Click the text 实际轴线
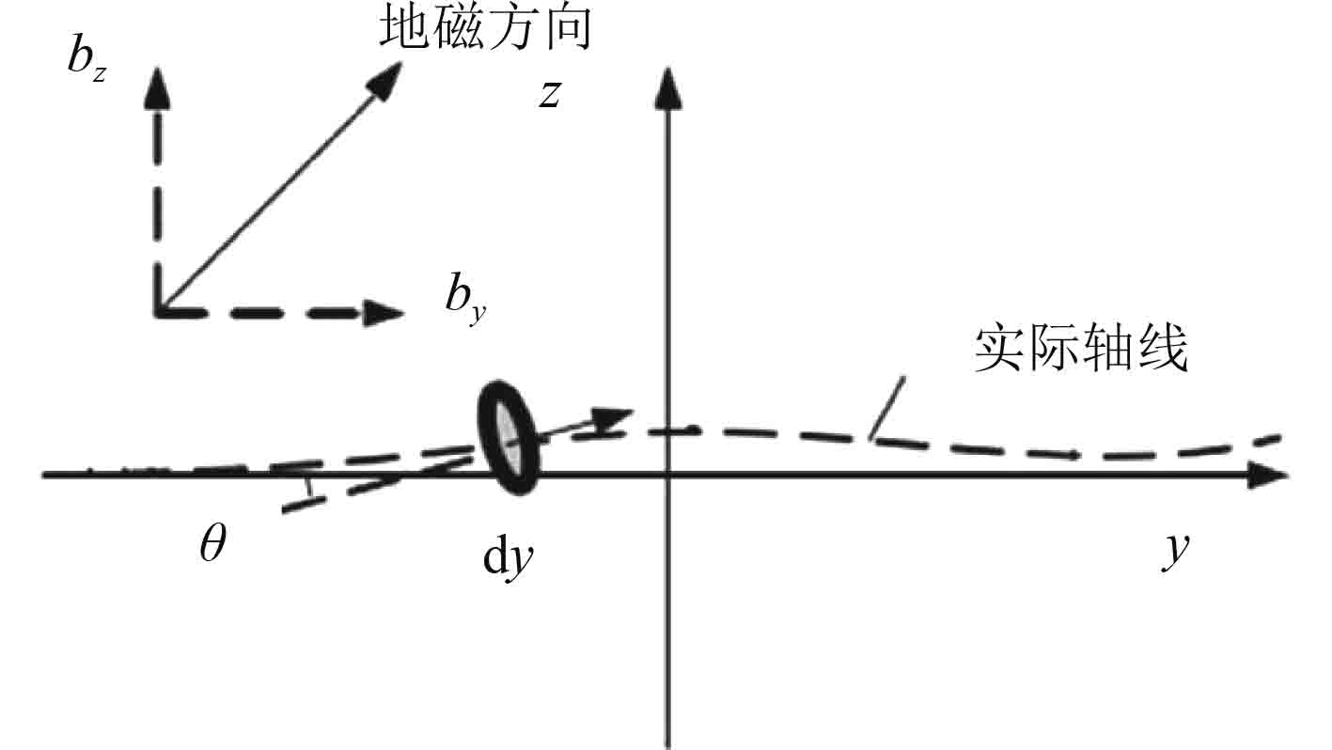point(1080,350)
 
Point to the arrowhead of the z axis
point(666,87)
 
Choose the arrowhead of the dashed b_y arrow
point(387,309)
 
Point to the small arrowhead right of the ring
point(616,416)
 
